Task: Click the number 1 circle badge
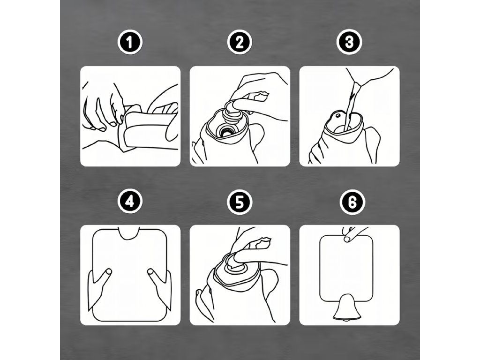click(x=130, y=42)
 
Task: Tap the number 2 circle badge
click(x=240, y=42)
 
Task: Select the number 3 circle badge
click(x=349, y=42)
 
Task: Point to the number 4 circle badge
click(x=130, y=202)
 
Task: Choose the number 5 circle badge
click(x=240, y=202)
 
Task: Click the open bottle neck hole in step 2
click(x=226, y=131)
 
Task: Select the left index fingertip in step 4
click(x=108, y=271)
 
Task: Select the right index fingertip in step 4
click(x=150, y=271)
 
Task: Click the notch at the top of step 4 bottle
click(x=129, y=233)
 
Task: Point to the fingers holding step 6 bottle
click(x=352, y=234)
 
